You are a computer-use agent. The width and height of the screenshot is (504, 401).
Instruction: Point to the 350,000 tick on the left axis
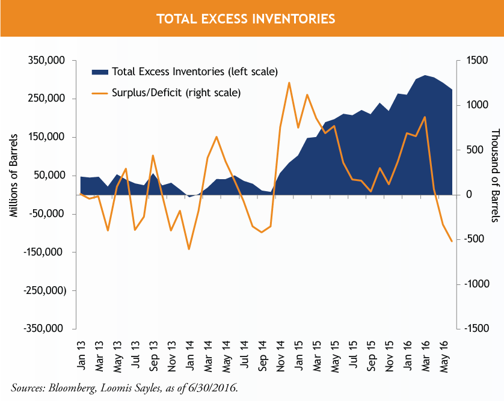coord(47,61)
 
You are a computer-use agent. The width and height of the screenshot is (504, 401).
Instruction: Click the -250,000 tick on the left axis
coord(46,290)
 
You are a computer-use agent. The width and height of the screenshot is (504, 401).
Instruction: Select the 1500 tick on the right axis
coord(470,61)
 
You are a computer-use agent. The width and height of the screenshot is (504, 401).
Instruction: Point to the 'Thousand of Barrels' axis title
coord(494,176)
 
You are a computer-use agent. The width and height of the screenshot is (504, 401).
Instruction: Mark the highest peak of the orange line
coord(289,83)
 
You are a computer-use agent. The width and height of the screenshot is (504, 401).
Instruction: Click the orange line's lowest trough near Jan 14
coord(189,249)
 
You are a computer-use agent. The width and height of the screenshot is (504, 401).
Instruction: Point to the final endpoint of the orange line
coord(452,242)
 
